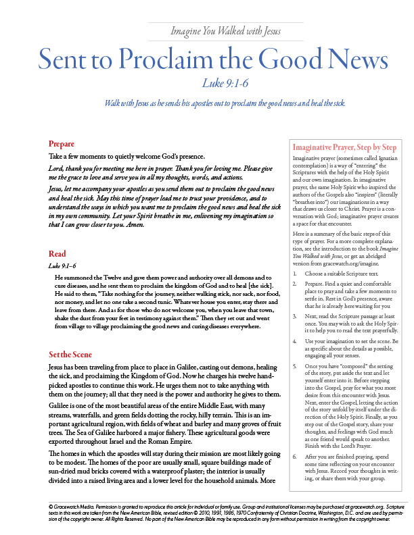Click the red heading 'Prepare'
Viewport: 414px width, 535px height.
[61, 144]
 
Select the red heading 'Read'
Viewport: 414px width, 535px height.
[57, 254]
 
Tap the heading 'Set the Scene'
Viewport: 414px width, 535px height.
[70, 355]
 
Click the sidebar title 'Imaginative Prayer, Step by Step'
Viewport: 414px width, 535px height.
[343, 147]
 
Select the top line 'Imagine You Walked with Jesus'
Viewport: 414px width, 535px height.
[226, 31]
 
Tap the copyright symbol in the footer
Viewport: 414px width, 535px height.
[51, 505]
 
